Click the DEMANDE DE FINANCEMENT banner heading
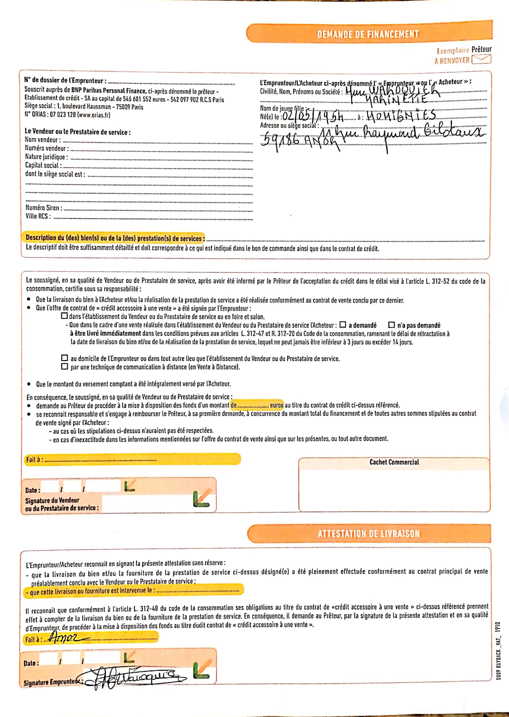pyautogui.click(x=368, y=34)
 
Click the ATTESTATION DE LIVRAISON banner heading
pyautogui.click(x=369, y=533)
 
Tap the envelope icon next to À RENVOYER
pyautogui.click(x=481, y=59)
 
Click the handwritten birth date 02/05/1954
pyautogui.click(x=313, y=117)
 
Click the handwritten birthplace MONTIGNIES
pyautogui.click(x=400, y=116)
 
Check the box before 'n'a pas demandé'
pyautogui.click(x=391, y=325)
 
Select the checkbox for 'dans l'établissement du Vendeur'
pyautogui.click(x=65, y=316)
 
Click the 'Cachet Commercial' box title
pyautogui.click(x=394, y=462)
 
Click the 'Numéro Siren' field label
pyautogui.click(x=44, y=208)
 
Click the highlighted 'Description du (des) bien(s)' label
pyautogui.click(x=115, y=238)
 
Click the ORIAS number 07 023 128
pyautogui.click(x=63, y=115)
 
